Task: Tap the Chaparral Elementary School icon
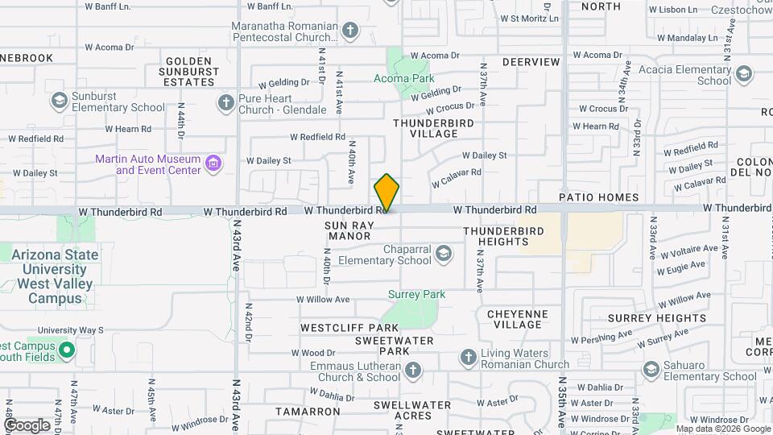point(442,255)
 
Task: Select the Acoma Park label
point(404,78)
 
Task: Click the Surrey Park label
point(416,295)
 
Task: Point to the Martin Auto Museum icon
point(213,164)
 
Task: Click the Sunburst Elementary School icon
point(58,101)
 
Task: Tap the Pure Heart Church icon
point(226,102)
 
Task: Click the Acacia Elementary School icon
point(742,75)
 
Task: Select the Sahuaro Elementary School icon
point(651,370)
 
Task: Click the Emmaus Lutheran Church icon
point(412,371)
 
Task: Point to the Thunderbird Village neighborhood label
point(433,128)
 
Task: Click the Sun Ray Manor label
point(349,230)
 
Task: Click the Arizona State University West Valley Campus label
point(55,276)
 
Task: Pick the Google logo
point(27,425)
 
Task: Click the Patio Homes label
point(599,197)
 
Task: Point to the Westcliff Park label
point(349,329)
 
